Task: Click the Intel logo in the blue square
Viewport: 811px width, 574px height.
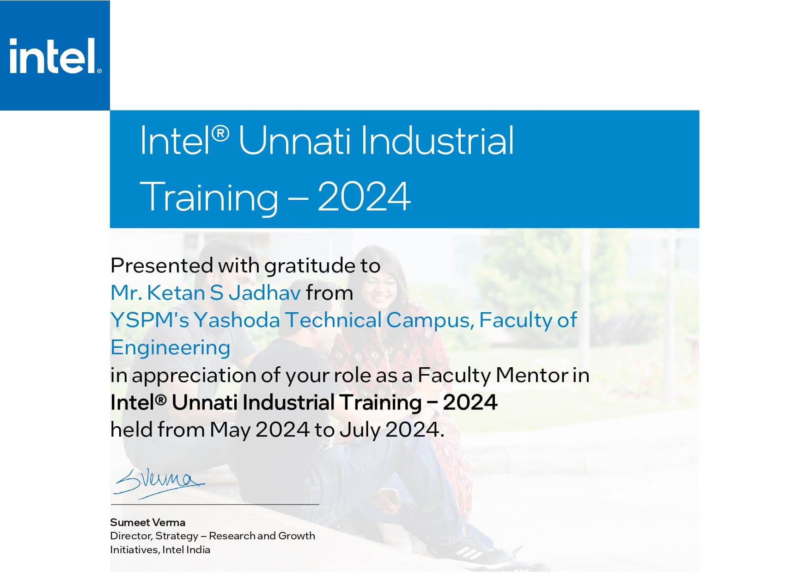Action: (x=55, y=56)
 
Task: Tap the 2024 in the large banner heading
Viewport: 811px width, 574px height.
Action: (x=364, y=196)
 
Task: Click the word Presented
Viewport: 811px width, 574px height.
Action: (x=162, y=265)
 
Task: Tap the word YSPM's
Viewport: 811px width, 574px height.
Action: (x=150, y=320)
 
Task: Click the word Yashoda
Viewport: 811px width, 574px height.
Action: (x=237, y=320)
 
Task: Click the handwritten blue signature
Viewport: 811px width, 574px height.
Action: (x=159, y=483)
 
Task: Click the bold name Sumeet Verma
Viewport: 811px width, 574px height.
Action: (x=147, y=522)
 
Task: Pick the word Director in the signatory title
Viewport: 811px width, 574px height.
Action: (x=131, y=536)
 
